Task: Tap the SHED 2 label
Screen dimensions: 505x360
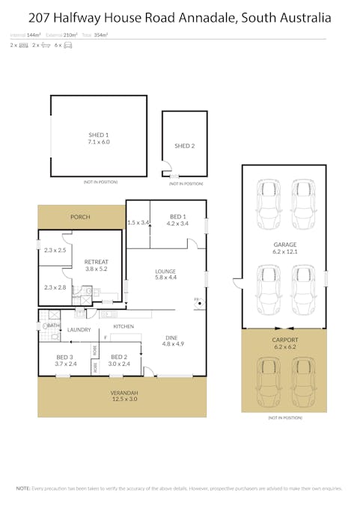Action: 184,146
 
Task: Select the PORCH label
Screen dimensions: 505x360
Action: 80,217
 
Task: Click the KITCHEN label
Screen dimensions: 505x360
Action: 123,327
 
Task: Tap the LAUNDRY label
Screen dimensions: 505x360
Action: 79,330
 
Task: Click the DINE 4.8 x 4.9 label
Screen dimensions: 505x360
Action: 171,342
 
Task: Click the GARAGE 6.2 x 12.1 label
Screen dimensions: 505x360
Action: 284,248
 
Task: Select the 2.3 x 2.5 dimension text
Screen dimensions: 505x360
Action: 55,251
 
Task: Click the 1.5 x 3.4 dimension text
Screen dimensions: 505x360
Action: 138,222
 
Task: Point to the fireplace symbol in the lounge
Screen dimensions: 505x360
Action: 198,300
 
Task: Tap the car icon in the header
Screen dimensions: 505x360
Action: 68,46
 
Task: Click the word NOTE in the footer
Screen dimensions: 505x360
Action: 23,488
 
